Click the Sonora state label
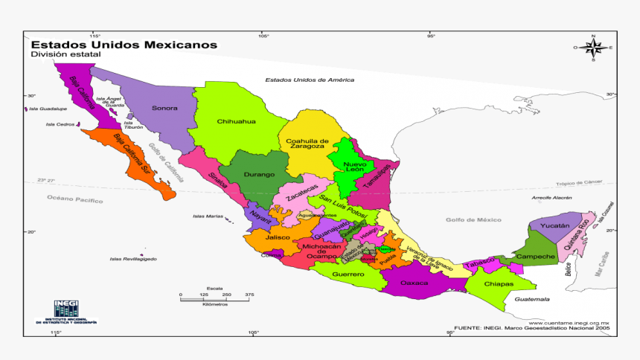[x=164, y=109]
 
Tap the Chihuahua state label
[x=236, y=121]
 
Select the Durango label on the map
[x=249, y=175]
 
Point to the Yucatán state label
[x=554, y=225]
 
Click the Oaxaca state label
[x=415, y=283]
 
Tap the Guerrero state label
[x=348, y=274]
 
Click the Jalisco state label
[x=278, y=237]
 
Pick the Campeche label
[x=536, y=257]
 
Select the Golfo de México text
[x=473, y=220]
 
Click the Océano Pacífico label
[x=75, y=199]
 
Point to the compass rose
[x=593, y=48]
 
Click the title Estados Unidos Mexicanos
[x=124, y=45]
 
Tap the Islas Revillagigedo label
[x=133, y=259]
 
